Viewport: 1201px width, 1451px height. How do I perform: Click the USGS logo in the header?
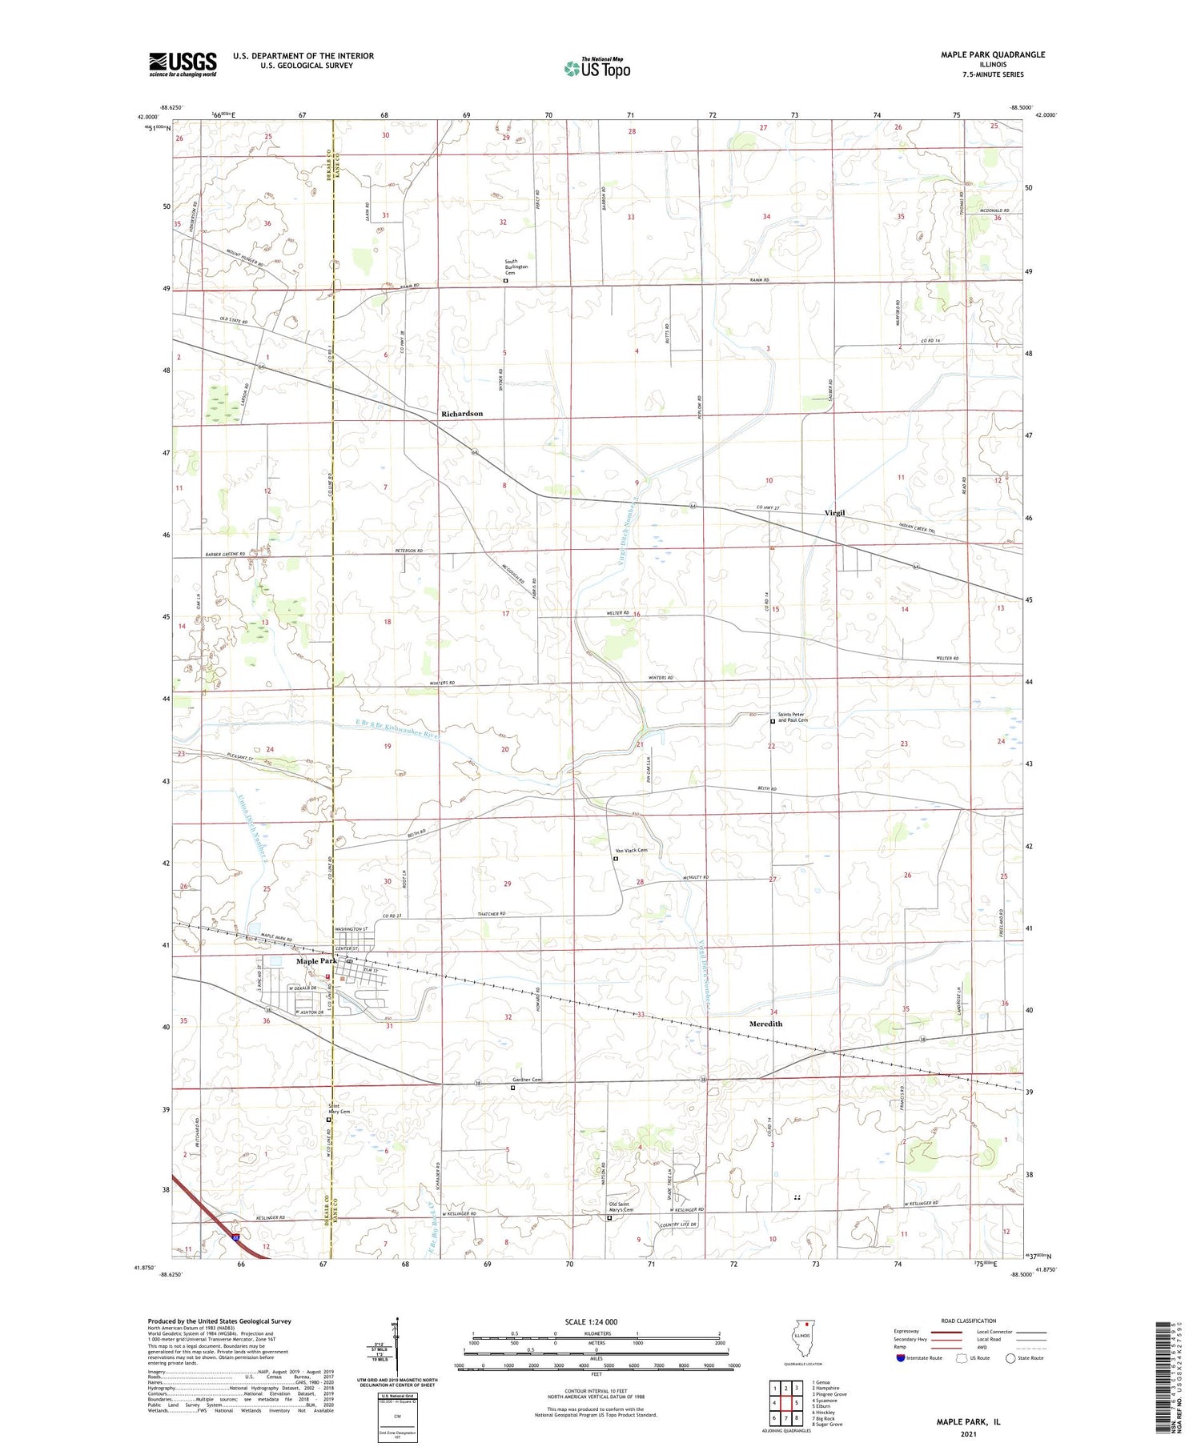[x=183, y=64]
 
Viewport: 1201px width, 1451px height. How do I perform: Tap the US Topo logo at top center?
[x=597, y=68]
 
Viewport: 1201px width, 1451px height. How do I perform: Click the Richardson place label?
[x=462, y=414]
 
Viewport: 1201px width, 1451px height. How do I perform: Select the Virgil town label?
[x=834, y=513]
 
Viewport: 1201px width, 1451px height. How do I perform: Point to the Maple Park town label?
[x=316, y=960]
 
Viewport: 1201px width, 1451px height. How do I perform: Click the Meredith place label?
[x=765, y=1024]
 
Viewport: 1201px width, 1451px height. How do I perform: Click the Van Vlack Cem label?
[x=631, y=850]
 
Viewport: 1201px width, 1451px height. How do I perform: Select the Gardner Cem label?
[x=528, y=1080]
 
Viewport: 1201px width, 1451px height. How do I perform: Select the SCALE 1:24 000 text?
[x=591, y=1321]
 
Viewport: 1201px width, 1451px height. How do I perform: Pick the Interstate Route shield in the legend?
[x=902, y=1358]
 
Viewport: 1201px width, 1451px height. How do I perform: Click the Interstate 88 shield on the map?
[x=237, y=1237]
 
